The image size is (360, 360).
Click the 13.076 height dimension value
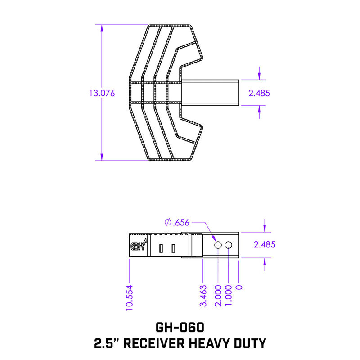coord(102,93)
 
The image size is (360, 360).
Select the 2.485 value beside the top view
coord(259,93)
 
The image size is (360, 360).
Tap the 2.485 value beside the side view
coord(265,245)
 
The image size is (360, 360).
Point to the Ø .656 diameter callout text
coord(177,222)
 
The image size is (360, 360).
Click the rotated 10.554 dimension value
coord(129,297)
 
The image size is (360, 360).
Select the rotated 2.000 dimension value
coord(217,296)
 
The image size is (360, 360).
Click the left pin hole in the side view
coord(217,245)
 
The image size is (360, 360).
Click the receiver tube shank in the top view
coord(211,93)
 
